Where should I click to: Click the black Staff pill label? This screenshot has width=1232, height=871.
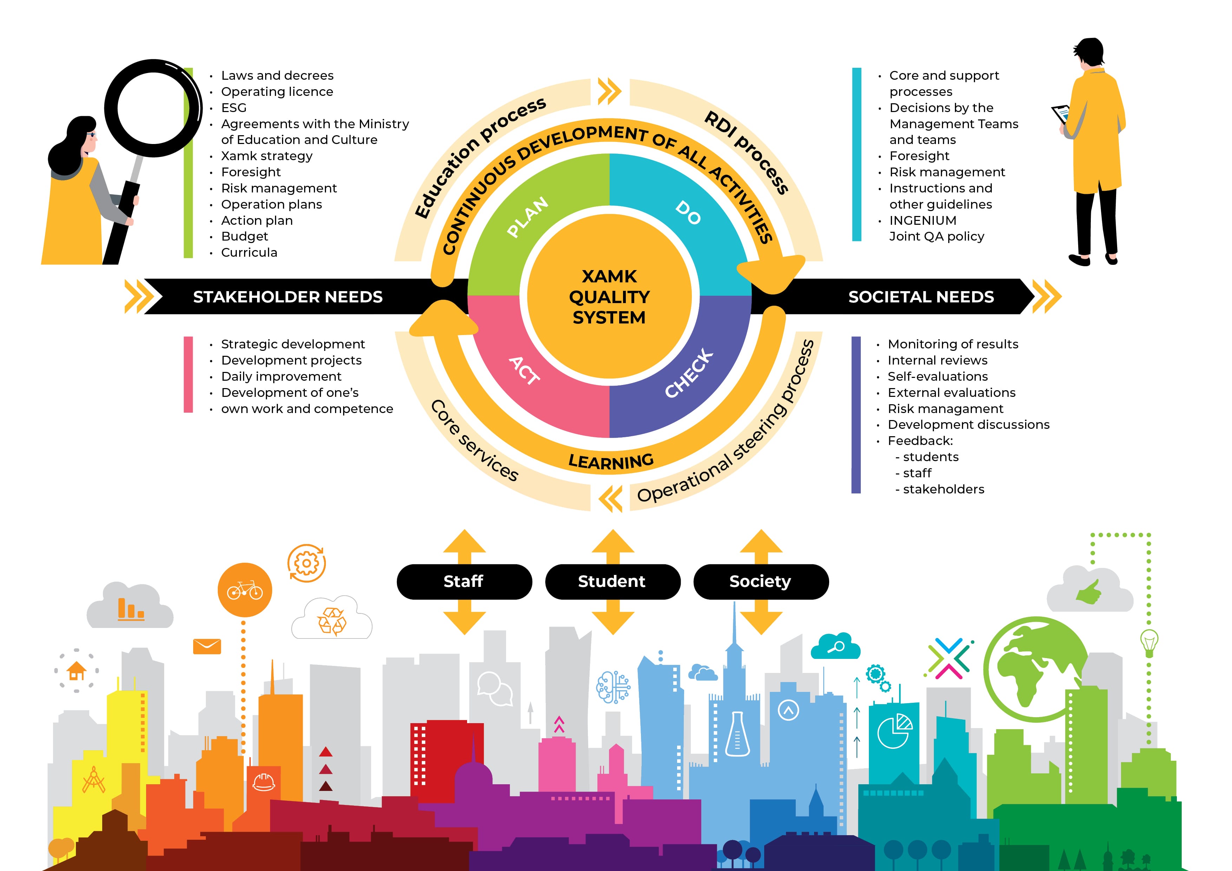[x=464, y=581]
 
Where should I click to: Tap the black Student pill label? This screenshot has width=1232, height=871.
[x=612, y=581]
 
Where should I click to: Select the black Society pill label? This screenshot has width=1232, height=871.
[x=760, y=581]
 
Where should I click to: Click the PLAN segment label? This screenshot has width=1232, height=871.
[x=528, y=216]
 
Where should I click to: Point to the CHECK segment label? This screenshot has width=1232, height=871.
[x=689, y=374]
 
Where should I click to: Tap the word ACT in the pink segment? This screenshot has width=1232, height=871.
[x=524, y=370]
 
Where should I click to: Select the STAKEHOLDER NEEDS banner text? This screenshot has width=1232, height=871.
[x=288, y=297]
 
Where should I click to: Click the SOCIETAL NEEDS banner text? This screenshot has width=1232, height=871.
[x=921, y=297]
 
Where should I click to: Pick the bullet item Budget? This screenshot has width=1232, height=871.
[x=245, y=236]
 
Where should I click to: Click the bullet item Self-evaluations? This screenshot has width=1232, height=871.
[x=937, y=376]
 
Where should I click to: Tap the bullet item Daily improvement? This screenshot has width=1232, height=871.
[x=281, y=376]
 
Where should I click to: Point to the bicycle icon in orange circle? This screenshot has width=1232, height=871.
[x=245, y=590]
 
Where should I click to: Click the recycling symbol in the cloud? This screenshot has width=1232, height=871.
[x=332, y=621]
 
